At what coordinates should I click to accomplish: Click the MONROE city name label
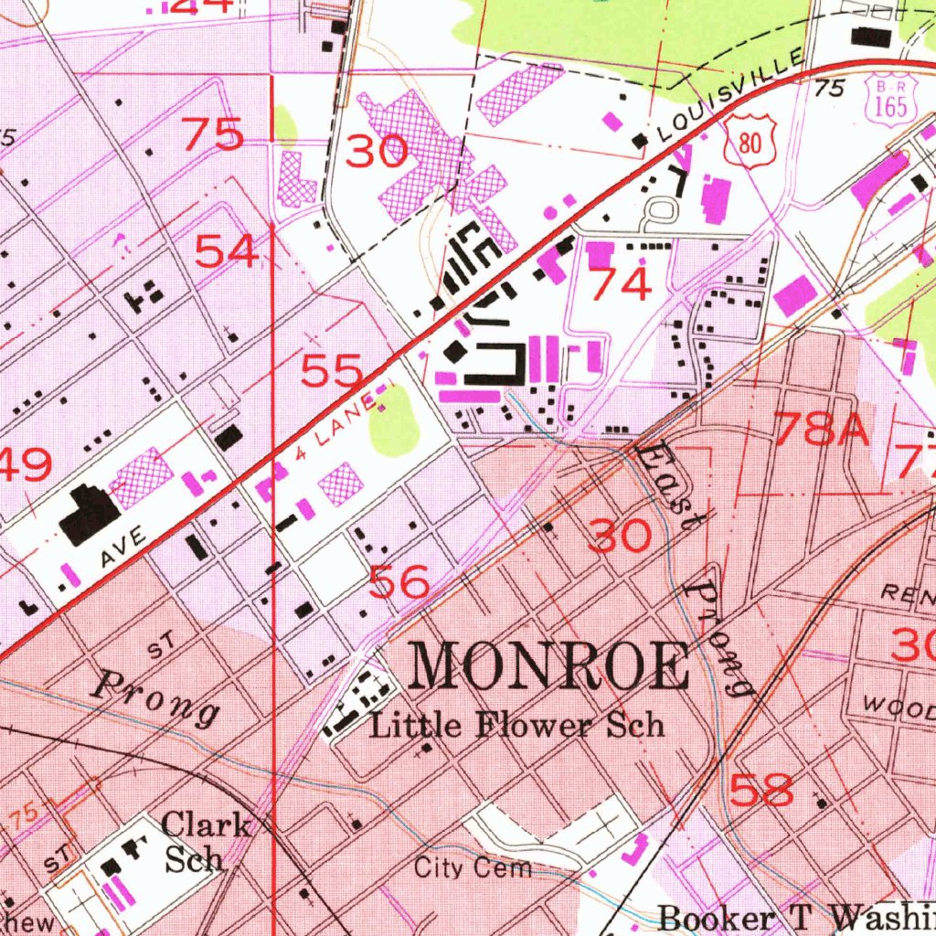coord(549,666)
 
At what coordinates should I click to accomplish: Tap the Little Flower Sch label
coord(516,726)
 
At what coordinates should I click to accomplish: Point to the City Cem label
coord(473,867)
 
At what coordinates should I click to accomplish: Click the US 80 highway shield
coord(752,140)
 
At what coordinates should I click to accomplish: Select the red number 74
coord(621,284)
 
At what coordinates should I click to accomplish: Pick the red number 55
coord(333,372)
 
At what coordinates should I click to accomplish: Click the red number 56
coord(399,580)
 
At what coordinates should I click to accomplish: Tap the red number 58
coord(762,790)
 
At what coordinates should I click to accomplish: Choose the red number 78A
coord(821,429)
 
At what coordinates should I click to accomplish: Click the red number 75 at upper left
coord(213,134)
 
